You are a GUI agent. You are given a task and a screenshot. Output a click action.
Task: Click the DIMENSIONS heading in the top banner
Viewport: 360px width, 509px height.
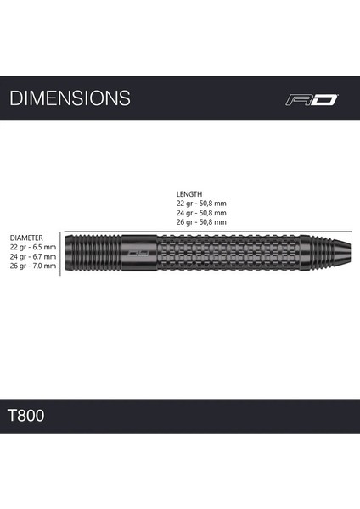[70, 98]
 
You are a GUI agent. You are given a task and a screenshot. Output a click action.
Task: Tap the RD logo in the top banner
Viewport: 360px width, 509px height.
[312, 99]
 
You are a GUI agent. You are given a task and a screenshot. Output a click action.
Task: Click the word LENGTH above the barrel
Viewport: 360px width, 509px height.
[189, 193]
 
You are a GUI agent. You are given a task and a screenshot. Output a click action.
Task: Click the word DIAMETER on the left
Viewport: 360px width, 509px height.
[26, 238]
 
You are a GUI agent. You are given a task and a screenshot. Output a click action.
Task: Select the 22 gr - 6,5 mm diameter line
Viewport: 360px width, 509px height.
[32, 247]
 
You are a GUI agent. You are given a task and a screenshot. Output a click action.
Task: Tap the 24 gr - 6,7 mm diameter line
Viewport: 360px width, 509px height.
[32, 256]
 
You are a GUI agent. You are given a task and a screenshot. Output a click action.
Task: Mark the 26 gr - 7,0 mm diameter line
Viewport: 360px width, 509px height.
[32, 266]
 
